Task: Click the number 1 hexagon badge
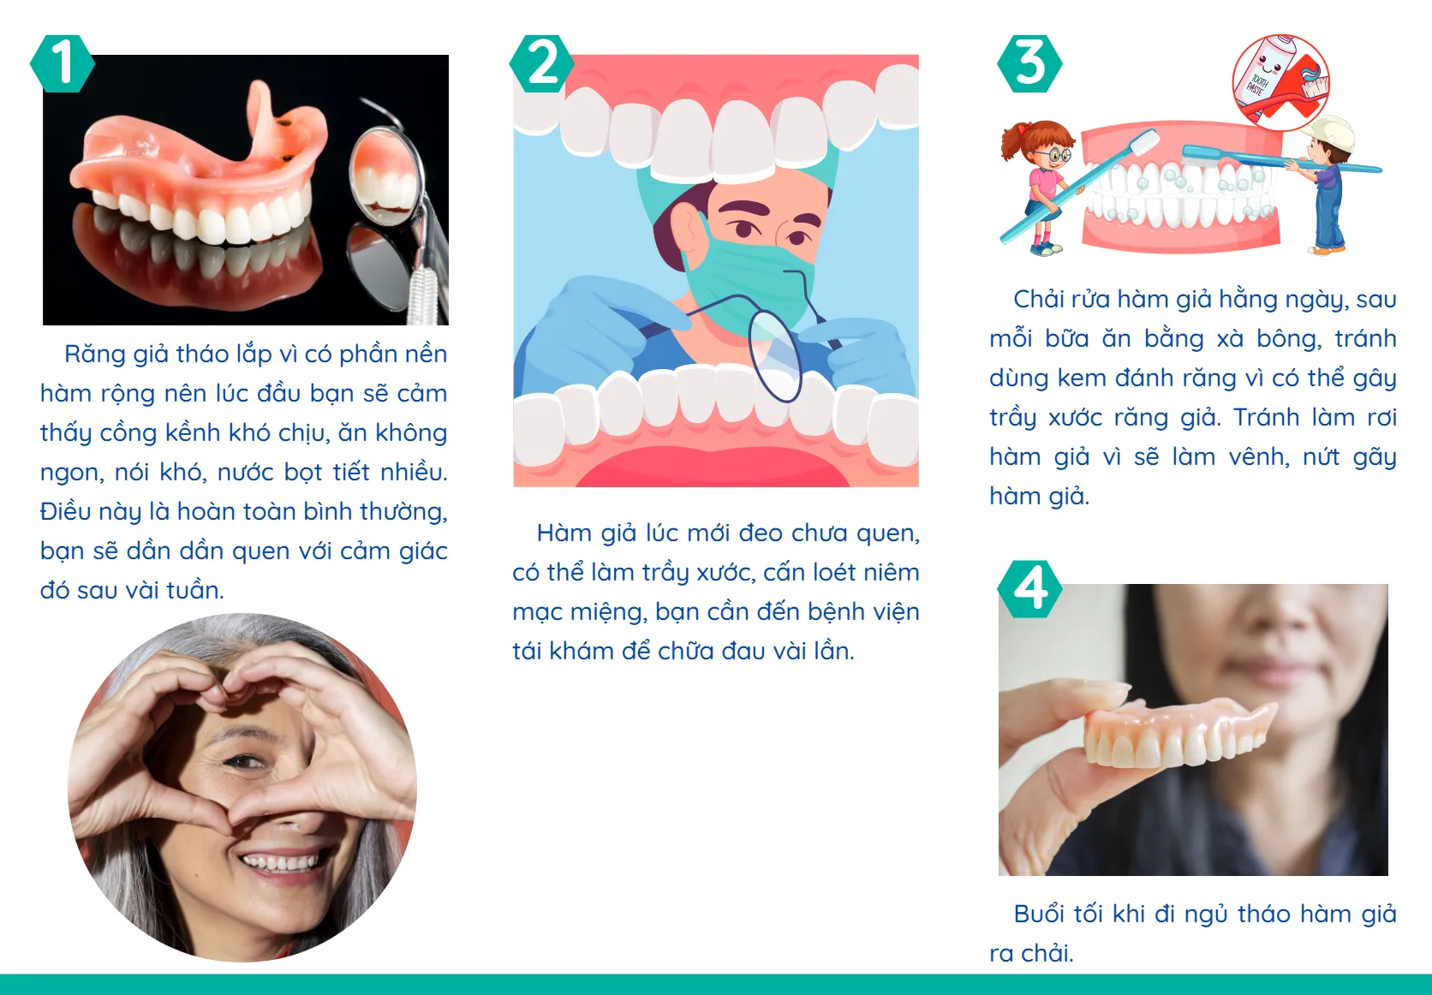(x=62, y=63)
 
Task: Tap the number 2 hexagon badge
(x=541, y=63)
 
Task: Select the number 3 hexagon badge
(x=1029, y=63)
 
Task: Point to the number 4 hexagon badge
(x=1029, y=589)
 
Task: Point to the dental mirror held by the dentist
(x=775, y=351)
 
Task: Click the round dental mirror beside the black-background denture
(x=385, y=171)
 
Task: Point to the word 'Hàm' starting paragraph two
(x=564, y=533)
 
